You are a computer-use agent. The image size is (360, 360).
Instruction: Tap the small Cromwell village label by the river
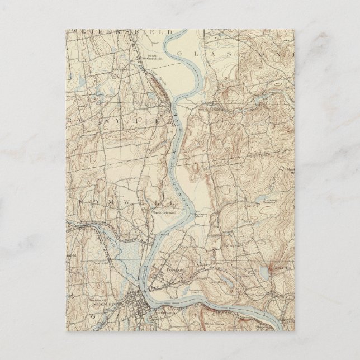point(158,235)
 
